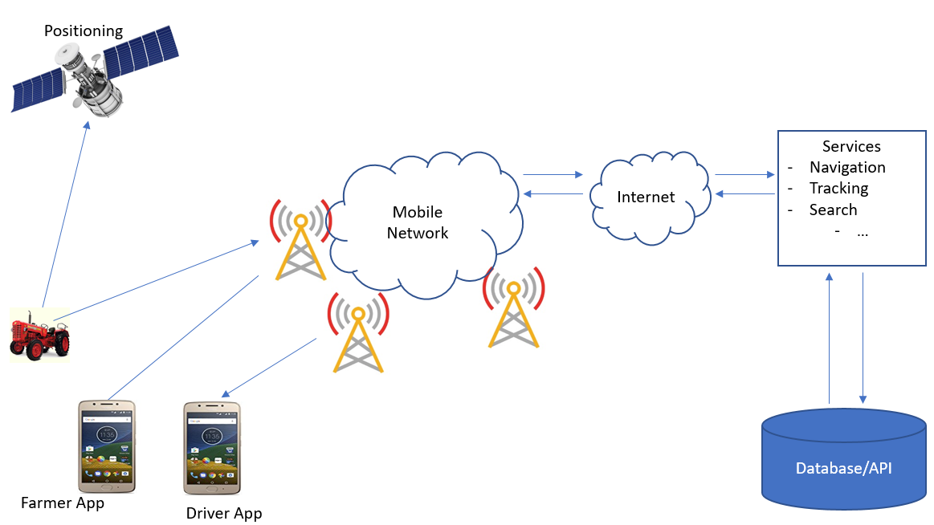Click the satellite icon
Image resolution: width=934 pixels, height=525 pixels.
coord(94,73)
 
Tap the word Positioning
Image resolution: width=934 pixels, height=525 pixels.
coord(84,31)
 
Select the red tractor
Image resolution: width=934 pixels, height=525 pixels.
coord(39,336)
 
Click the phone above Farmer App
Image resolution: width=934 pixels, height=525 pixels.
coord(107,446)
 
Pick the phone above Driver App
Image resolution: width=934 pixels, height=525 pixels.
coord(212,449)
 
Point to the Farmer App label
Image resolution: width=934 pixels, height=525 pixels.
coord(63,503)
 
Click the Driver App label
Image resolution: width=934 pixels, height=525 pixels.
coord(224,513)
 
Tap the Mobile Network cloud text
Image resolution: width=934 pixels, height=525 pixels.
coord(418,223)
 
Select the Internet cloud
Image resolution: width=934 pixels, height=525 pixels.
coord(646,197)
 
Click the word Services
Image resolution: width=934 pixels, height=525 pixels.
coord(851,146)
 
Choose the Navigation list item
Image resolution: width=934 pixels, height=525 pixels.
coord(847,167)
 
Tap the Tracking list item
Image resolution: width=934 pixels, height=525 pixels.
coord(838,188)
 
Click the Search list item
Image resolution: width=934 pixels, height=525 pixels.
coord(833,210)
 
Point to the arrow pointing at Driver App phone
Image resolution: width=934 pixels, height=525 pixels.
coord(269,368)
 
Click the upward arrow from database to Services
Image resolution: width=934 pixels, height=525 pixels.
coord(830,337)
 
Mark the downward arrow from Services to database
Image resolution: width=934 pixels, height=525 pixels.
coord(863,337)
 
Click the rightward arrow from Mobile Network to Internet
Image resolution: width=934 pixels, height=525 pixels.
coord(553,174)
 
